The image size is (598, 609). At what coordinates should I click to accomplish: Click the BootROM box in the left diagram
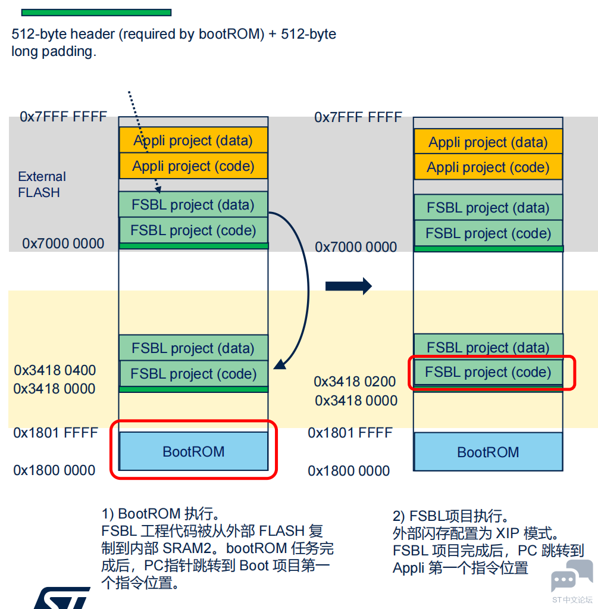[x=193, y=452]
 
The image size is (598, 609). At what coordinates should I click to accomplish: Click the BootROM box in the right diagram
[x=488, y=452]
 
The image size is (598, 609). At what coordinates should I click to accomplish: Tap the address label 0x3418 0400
[x=55, y=370]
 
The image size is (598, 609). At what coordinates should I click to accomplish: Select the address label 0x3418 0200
[x=355, y=382]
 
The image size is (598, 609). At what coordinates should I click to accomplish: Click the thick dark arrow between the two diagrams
[x=348, y=286]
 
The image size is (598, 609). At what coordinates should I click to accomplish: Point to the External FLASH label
[x=41, y=185]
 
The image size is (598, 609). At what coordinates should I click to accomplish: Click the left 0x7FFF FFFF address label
[x=63, y=117]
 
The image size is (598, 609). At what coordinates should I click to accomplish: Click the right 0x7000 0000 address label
[x=356, y=247]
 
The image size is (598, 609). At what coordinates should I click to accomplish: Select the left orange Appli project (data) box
[x=193, y=141]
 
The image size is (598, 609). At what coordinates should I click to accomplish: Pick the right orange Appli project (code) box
[x=488, y=167]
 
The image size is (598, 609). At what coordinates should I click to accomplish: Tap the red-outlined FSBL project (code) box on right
[x=488, y=373]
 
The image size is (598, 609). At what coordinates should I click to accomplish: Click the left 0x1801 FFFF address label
[x=55, y=433]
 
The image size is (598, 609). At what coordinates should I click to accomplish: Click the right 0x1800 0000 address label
[x=349, y=471]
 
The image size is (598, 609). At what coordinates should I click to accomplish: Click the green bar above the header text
[x=96, y=12]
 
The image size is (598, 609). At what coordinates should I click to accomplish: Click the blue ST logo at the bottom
[x=60, y=598]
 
